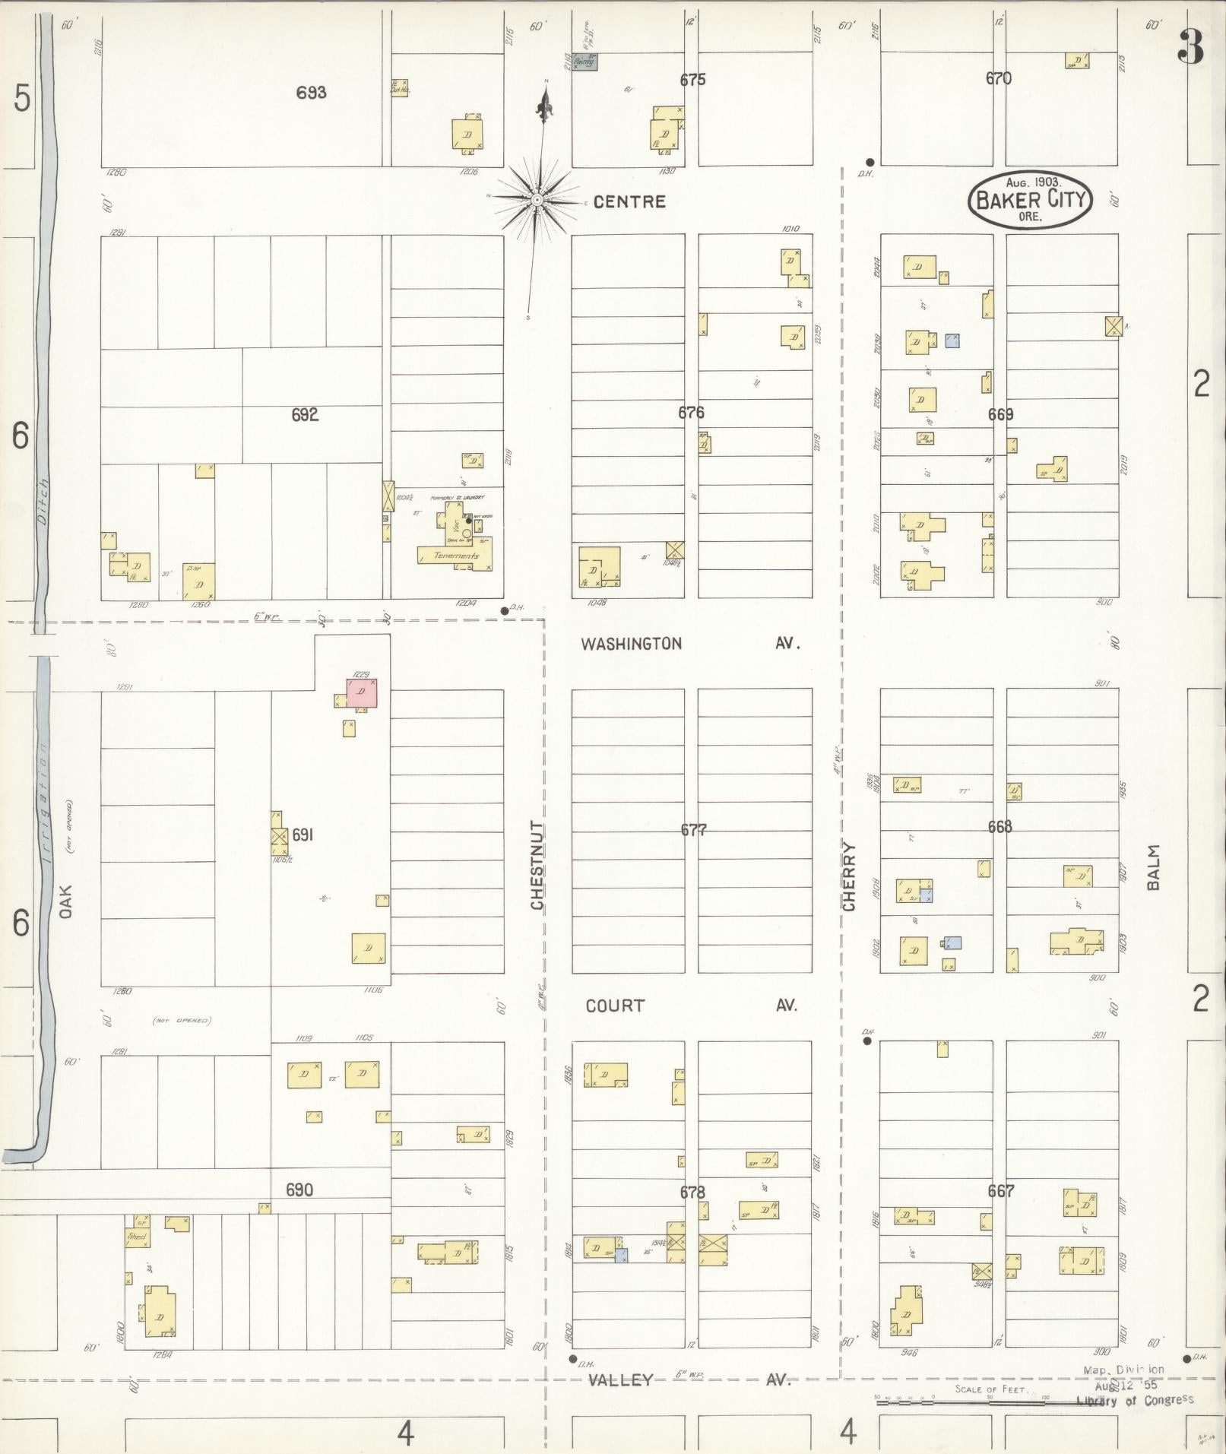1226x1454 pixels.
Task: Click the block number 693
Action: coord(312,93)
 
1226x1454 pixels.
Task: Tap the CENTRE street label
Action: coord(629,201)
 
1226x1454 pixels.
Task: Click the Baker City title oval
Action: coord(1030,199)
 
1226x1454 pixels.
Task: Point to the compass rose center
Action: coord(537,200)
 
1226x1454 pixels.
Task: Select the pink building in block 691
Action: coord(363,692)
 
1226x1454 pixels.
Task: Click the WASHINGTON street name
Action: coord(631,644)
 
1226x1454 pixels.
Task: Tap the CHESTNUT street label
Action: coord(537,865)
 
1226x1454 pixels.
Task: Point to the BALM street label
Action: coord(1155,867)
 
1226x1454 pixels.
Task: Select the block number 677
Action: coord(693,830)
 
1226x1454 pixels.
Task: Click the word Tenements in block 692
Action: coord(456,556)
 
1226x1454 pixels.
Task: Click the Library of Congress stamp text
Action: coord(1135,1399)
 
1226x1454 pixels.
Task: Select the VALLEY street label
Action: coord(621,1380)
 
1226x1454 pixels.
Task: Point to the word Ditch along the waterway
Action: coord(42,502)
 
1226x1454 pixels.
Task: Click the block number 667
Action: coord(1000,1191)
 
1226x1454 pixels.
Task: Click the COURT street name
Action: coord(615,1006)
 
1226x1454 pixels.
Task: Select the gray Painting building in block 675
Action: coord(584,63)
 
